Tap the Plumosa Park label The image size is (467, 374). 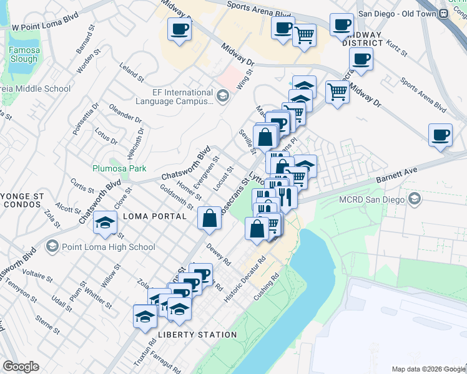[119, 168]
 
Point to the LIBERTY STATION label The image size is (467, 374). [197, 335]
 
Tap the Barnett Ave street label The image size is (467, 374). [396, 174]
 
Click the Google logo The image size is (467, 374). [21, 367]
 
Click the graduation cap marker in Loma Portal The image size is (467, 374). [105, 223]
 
